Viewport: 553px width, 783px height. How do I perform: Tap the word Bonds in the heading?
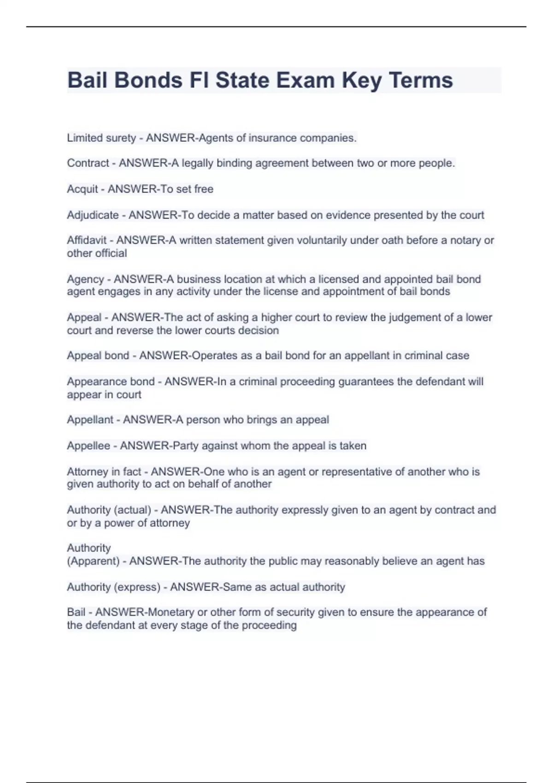148,80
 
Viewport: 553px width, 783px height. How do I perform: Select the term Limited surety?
101,138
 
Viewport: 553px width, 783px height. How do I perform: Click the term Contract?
88,163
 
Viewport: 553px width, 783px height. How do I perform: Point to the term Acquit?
82,189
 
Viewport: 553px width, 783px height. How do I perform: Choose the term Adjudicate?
93,215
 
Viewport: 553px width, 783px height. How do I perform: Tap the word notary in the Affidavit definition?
463,240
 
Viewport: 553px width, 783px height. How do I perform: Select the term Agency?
85,279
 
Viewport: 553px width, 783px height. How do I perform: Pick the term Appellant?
90,420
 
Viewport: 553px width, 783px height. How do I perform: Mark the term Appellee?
88,445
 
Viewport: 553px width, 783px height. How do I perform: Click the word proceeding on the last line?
269,625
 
